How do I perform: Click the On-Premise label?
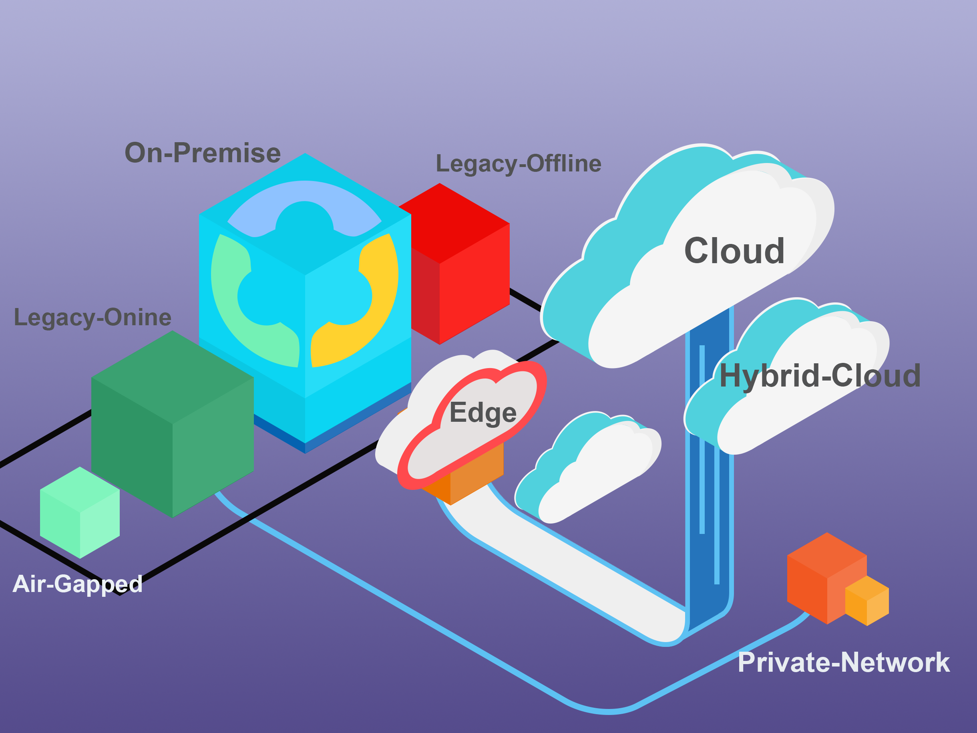203,153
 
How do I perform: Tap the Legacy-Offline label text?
518,163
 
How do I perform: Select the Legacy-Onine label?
92,317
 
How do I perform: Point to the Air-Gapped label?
77,584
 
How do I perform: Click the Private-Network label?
844,663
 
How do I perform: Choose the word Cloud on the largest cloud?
734,251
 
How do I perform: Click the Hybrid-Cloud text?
820,376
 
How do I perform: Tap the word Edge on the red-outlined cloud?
483,413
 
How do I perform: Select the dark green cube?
172,424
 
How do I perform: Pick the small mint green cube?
80,513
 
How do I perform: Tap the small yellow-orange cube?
866,601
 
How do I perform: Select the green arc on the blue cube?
247,318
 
